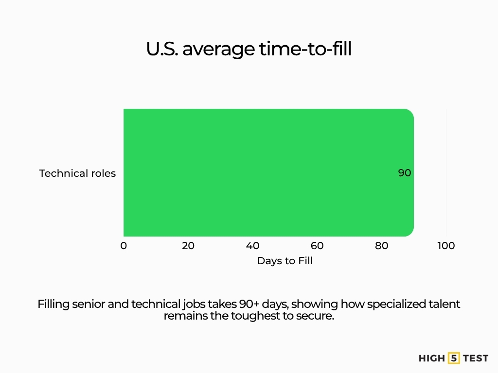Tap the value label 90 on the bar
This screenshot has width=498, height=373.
click(405, 173)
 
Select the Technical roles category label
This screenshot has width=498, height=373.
click(77, 173)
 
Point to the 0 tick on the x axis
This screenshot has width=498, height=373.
click(124, 246)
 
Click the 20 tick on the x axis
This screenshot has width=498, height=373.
click(188, 246)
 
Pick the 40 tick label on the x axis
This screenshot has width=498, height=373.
click(253, 246)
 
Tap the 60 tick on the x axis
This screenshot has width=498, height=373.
click(317, 246)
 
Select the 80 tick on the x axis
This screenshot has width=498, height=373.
click(382, 246)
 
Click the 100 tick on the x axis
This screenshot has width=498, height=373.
click(446, 246)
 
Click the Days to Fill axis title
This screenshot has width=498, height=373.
click(285, 261)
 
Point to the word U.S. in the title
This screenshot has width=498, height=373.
click(162, 49)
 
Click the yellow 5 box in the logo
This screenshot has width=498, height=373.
click(454, 358)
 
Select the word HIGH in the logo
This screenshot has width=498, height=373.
click(431, 358)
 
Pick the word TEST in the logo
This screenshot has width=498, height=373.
click(476, 358)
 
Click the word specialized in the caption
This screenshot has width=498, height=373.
click(395, 305)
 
